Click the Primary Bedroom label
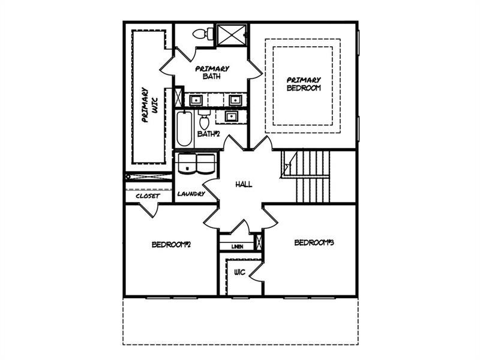pos(304,84)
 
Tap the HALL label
pos(244,184)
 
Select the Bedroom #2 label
pos(172,245)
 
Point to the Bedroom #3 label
pos(314,243)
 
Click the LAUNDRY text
pos(191,194)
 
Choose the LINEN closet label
pos(237,247)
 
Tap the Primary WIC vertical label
pos(149,105)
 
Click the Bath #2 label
pos(208,134)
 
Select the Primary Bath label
pos(212,72)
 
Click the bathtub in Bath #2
pos(184,129)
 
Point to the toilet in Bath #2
pos(204,119)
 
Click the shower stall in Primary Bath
pos(232,35)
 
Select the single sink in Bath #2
pos(230,116)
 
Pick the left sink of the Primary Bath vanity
pos(196,100)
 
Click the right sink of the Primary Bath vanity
pos(235,100)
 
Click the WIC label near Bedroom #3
pos(239,272)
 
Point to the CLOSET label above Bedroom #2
pos(148,196)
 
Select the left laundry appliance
pos(187,163)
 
